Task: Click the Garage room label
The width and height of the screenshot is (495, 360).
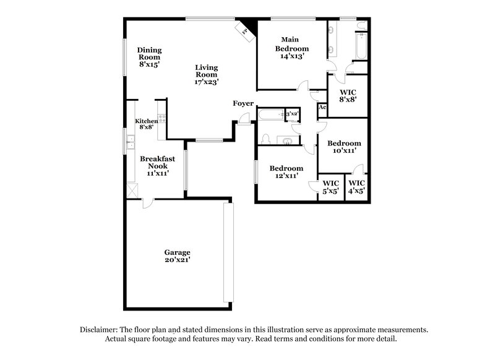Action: pyautogui.click(x=177, y=256)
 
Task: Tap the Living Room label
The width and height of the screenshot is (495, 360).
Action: pyautogui.click(x=206, y=74)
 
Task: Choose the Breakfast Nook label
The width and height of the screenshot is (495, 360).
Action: pyautogui.click(x=158, y=166)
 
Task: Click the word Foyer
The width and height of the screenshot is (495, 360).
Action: pyautogui.click(x=243, y=103)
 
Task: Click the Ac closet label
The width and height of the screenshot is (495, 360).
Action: pyautogui.click(x=322, y=108)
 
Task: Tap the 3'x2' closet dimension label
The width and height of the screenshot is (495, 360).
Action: pyautogui.click(x=292, y=114)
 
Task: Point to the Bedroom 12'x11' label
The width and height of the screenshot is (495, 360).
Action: pyautogui.click(x=286, y=172)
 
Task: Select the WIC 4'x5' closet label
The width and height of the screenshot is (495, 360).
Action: pyautogui.click(x=357, y=187)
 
